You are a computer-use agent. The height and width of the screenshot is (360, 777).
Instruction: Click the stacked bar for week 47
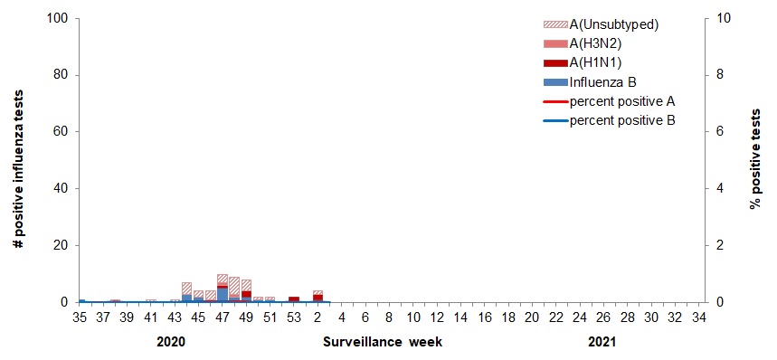point(223,289)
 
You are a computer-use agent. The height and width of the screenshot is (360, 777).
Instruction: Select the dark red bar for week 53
point(294,298)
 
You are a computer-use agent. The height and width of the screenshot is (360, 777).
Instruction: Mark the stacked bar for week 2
point(317,297)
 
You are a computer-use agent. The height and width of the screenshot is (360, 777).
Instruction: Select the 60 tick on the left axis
point(60,132)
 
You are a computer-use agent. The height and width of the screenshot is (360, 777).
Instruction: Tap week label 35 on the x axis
point(79,317)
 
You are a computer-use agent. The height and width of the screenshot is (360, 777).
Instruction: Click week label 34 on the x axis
point(698,317)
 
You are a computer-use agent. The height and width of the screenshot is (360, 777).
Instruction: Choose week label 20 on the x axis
point(531,317)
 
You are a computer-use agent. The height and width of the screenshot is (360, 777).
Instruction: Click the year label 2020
point(171,344)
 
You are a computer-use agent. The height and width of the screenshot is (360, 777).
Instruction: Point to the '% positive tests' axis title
point(754,160)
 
